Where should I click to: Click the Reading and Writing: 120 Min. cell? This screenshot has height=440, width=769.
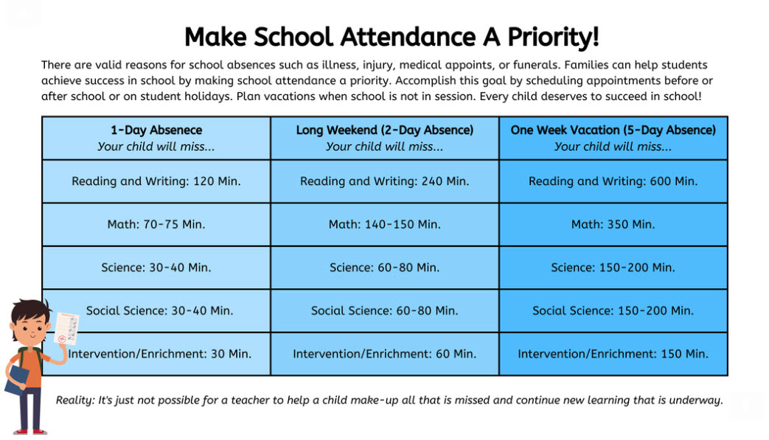(x=156, y=181)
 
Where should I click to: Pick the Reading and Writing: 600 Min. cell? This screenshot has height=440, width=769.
(x=613, y=181)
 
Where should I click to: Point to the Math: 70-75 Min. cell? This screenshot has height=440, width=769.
(x=156, y=224)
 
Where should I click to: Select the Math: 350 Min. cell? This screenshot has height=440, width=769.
(x=613, y=224)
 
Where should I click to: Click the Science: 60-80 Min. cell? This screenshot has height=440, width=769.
(x=385, y=268)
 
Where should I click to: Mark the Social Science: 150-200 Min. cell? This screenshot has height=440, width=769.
(x=613, y=310)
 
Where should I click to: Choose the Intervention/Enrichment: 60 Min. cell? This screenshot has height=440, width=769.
(x=385, y=354)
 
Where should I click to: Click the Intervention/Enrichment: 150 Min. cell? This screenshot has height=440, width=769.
(x=613, y=354)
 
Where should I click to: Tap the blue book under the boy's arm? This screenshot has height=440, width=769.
(x=16, y=380)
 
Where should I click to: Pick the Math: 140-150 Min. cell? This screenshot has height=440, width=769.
(x=385, y=224)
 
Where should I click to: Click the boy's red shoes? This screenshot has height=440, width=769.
(x=29, y=432)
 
